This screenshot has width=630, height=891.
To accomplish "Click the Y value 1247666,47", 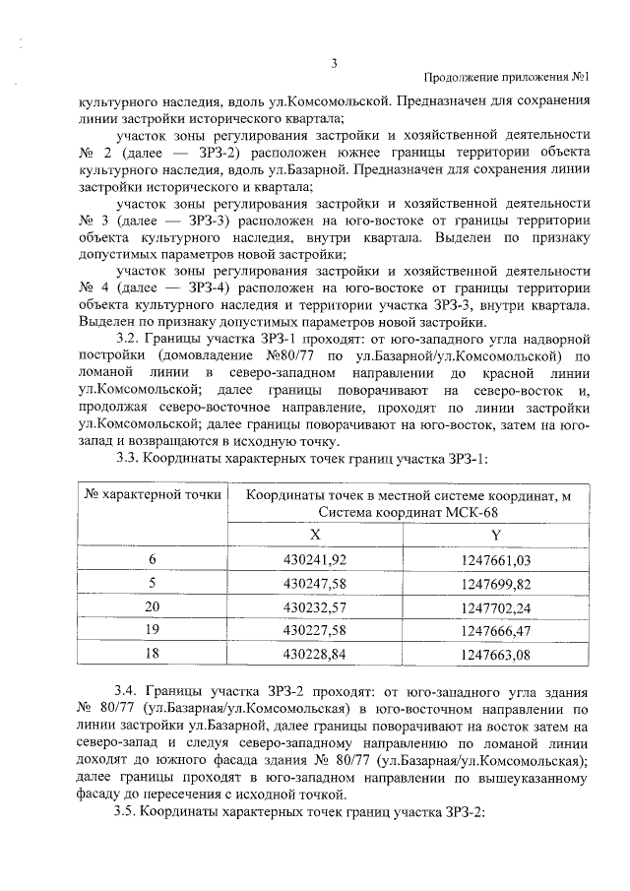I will pos(496,630).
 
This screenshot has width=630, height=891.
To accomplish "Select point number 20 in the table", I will pos(153,606).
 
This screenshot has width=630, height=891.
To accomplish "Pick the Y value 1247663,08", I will pos(496,654).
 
